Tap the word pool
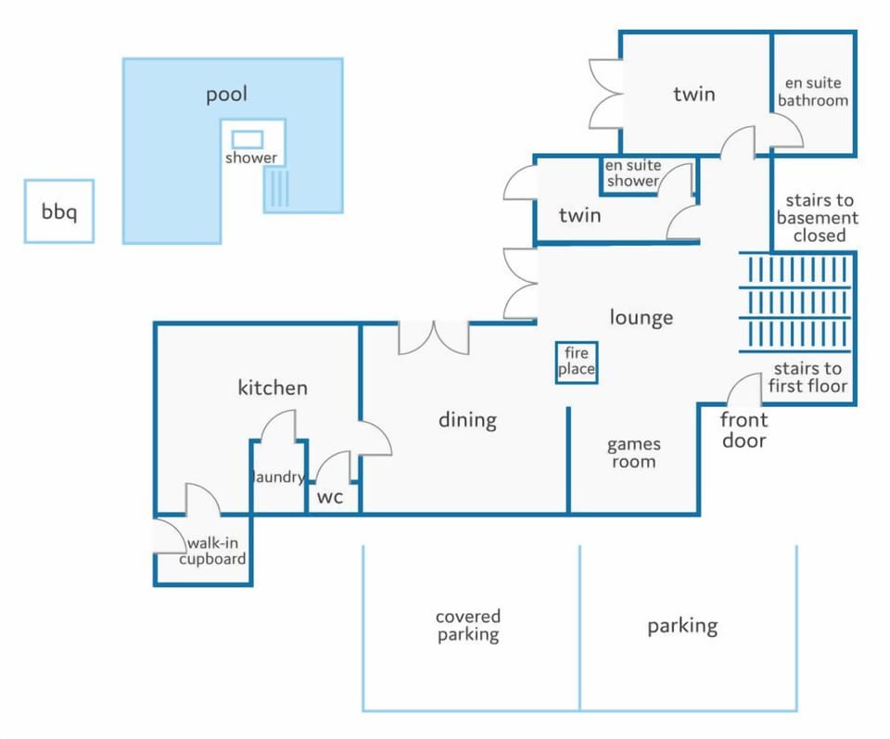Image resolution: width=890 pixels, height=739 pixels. tap(226, 95)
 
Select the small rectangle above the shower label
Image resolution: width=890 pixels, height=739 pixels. tap(248, 139)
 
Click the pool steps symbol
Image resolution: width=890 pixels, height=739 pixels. tap(279, 188)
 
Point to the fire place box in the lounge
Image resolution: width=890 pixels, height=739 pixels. tap(576, 363)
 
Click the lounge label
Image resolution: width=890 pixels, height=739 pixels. tap(642, 317)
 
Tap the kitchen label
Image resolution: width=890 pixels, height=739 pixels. tap(273, 388)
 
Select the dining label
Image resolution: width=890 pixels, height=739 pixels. tap(467, 420)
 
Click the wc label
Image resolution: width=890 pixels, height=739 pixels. tap(330, 497)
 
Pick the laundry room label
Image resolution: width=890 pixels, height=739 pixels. tap(278, 477)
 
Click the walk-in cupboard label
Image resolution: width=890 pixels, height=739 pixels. tap(213, 551)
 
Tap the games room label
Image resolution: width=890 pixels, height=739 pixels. tap(633, 452)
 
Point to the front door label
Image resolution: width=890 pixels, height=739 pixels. tap(744, 429)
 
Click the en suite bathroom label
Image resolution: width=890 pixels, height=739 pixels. tap(813, 92)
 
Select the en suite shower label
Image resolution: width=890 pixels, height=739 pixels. tap(632, 173)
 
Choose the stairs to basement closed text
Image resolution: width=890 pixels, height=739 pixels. tap(818, 217)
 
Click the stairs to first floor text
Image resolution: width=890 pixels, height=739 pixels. tap(807, 376)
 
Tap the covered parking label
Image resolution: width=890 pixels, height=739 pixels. tap(468, 626)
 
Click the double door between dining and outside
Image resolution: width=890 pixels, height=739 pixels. tap(434, 338)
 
